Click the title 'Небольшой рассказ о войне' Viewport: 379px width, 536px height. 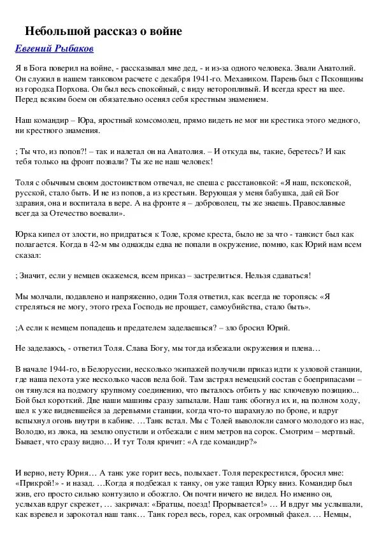point(103,31)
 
